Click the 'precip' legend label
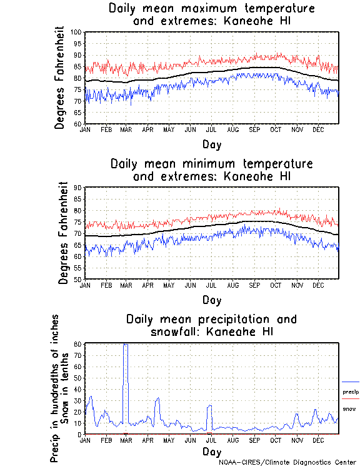pyautogui.click(x=351, y=392)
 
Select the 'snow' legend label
pyautogui.click(x=349, y=408)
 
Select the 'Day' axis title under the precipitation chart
pyautogui.click(x=211, y=451)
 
